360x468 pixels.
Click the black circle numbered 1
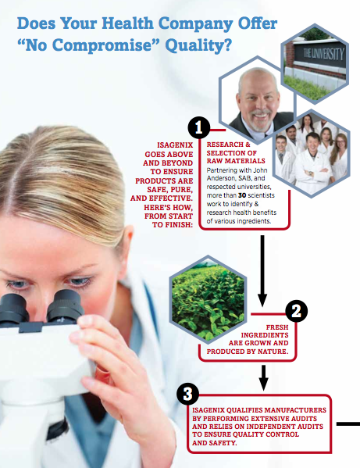[x=199, y=127]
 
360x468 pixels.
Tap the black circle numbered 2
[x=296, y=311]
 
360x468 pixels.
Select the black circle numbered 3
[x=187, y=394]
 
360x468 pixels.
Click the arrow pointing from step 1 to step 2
[x=262, y=270]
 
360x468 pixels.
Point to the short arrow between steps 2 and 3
[x=263, y=377]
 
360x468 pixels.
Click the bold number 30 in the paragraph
[x=242, y=195]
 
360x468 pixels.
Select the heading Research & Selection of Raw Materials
[x=236, y=152]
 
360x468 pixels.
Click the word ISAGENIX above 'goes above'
[x=175, y=145]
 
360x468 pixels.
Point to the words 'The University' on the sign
[x=323, y=55]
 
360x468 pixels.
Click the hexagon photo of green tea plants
[x=208, y=298]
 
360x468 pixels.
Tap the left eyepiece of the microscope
[x=13, y=309]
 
